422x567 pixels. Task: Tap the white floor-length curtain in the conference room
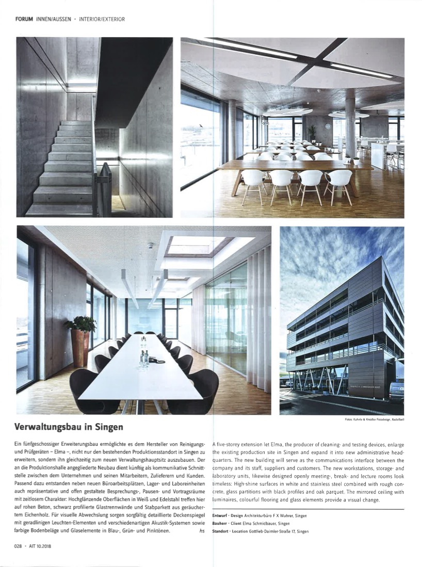(258, 310)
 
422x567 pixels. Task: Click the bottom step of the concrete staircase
(59, 209)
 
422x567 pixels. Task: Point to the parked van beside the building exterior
(397, 391)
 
